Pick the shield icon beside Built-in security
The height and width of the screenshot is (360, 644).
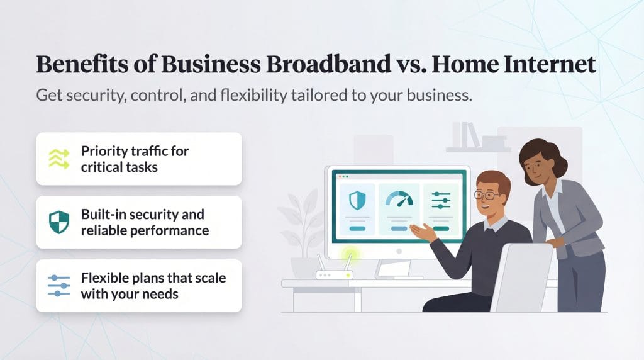pos(59,222)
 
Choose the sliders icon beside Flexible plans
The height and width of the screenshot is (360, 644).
pos(59,285)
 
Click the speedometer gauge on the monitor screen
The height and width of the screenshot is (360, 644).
pos(399,200)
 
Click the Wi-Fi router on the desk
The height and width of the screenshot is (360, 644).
pos(331,272)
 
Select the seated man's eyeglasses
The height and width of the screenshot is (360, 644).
pos(488,196)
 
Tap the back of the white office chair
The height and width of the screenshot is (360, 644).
pos(522,277)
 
